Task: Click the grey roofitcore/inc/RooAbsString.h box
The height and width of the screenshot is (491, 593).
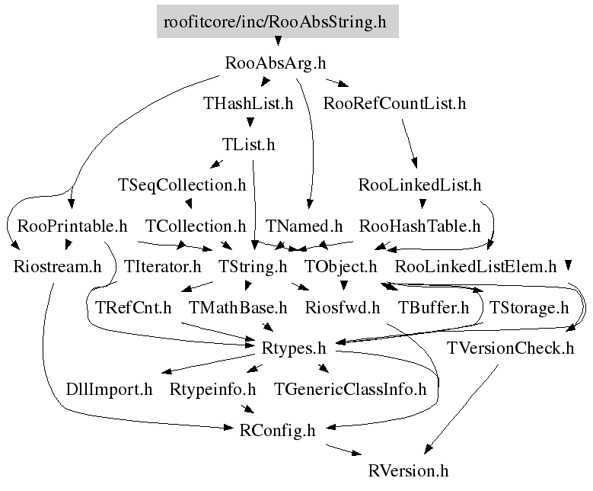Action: click(276, 22)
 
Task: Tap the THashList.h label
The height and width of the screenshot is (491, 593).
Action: click(248, 104)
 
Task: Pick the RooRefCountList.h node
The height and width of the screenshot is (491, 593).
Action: click(394, 104)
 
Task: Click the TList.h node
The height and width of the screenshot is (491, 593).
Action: click(248, 144)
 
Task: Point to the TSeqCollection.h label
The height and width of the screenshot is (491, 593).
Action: click(182, 185)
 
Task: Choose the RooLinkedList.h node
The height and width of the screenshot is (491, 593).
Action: click(419, 185)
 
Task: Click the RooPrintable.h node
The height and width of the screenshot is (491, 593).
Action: click(72, 226)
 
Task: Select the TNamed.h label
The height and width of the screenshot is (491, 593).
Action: click(304, 226)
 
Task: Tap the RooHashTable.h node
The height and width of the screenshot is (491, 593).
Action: click(419, 226)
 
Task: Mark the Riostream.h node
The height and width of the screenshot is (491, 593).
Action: click(58, 267)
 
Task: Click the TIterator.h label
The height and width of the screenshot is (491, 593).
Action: click(162, 267)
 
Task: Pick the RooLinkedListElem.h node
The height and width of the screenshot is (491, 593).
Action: click(477, 267)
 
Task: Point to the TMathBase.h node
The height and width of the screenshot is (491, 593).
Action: click(238, 308)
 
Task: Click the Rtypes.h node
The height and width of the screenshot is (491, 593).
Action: click(293, 349)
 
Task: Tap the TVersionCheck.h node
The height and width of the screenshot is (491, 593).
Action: click(510, 349)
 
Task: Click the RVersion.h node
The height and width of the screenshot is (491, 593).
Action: click(408, 471)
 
